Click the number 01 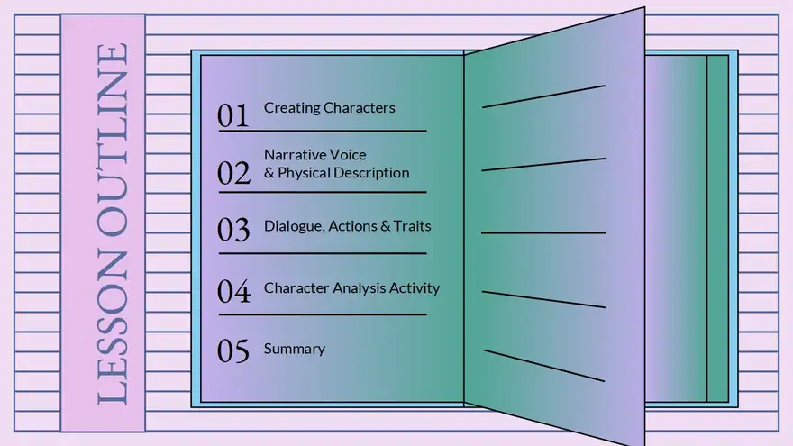coord(233,115)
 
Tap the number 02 coord(233,173)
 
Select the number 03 coord(233,229)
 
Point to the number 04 coord(233,291)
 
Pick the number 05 coord(233,350)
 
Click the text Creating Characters coord(329,108)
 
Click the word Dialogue coord(294,226)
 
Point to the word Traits coord(412,226)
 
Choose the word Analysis coord(352,288)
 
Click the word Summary coord(295,350)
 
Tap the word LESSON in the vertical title coord(113,328)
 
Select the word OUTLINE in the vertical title coord(113,140)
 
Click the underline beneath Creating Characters coord(323,131)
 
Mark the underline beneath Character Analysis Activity coord(323,314)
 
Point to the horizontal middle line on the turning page coord(543,232)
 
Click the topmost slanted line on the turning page coord(543,96)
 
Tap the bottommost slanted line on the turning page coord(544,365)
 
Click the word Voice coord(350,155)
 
